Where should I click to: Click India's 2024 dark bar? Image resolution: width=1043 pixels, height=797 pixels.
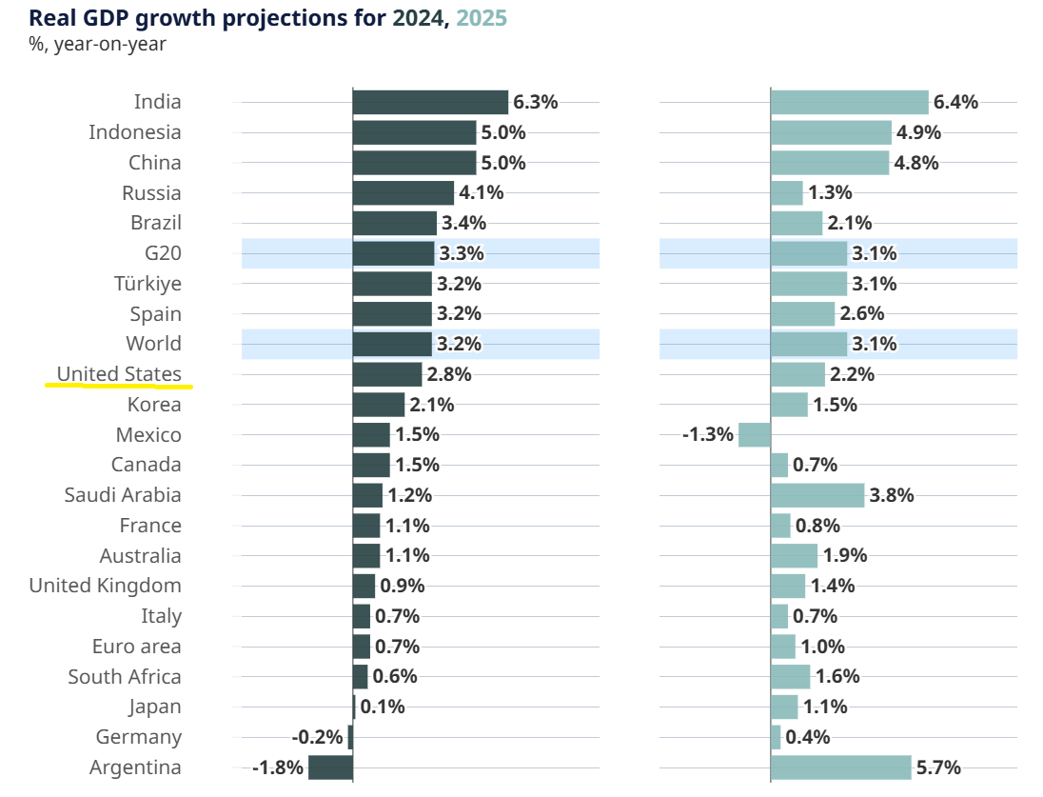coord(430,102)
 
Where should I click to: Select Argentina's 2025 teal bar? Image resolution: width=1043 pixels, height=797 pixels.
coord(840,767)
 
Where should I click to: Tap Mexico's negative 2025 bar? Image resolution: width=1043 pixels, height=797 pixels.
coord(754,435)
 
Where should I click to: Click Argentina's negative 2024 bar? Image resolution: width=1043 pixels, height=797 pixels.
coord(330,767)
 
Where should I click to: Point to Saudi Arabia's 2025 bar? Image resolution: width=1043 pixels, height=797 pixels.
coord(817,495)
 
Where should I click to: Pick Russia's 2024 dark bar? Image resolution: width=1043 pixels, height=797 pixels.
coord(403,193)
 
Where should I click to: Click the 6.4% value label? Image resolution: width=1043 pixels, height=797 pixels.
coord(955,102)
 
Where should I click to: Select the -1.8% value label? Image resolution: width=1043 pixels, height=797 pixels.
coord(277,767)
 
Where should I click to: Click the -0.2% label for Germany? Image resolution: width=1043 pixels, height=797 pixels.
coord(317,737)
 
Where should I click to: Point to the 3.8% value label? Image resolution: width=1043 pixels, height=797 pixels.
coord(892,495)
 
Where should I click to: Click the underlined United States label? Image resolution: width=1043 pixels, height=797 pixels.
coord(119,374)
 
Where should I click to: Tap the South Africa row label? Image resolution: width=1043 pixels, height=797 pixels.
coord(124,677)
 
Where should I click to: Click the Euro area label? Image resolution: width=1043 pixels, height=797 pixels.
coord(136,647)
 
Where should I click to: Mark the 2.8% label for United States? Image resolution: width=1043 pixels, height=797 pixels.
coord(449,374)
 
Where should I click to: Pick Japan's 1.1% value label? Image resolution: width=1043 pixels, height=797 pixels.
coord(825,707)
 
